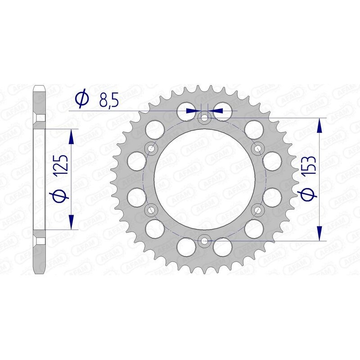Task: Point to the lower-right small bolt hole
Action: coord(258,210)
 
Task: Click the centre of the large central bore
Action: coord(205,180)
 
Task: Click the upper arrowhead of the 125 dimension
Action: coord(71,136)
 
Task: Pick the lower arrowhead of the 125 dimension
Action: coord(71,221)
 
